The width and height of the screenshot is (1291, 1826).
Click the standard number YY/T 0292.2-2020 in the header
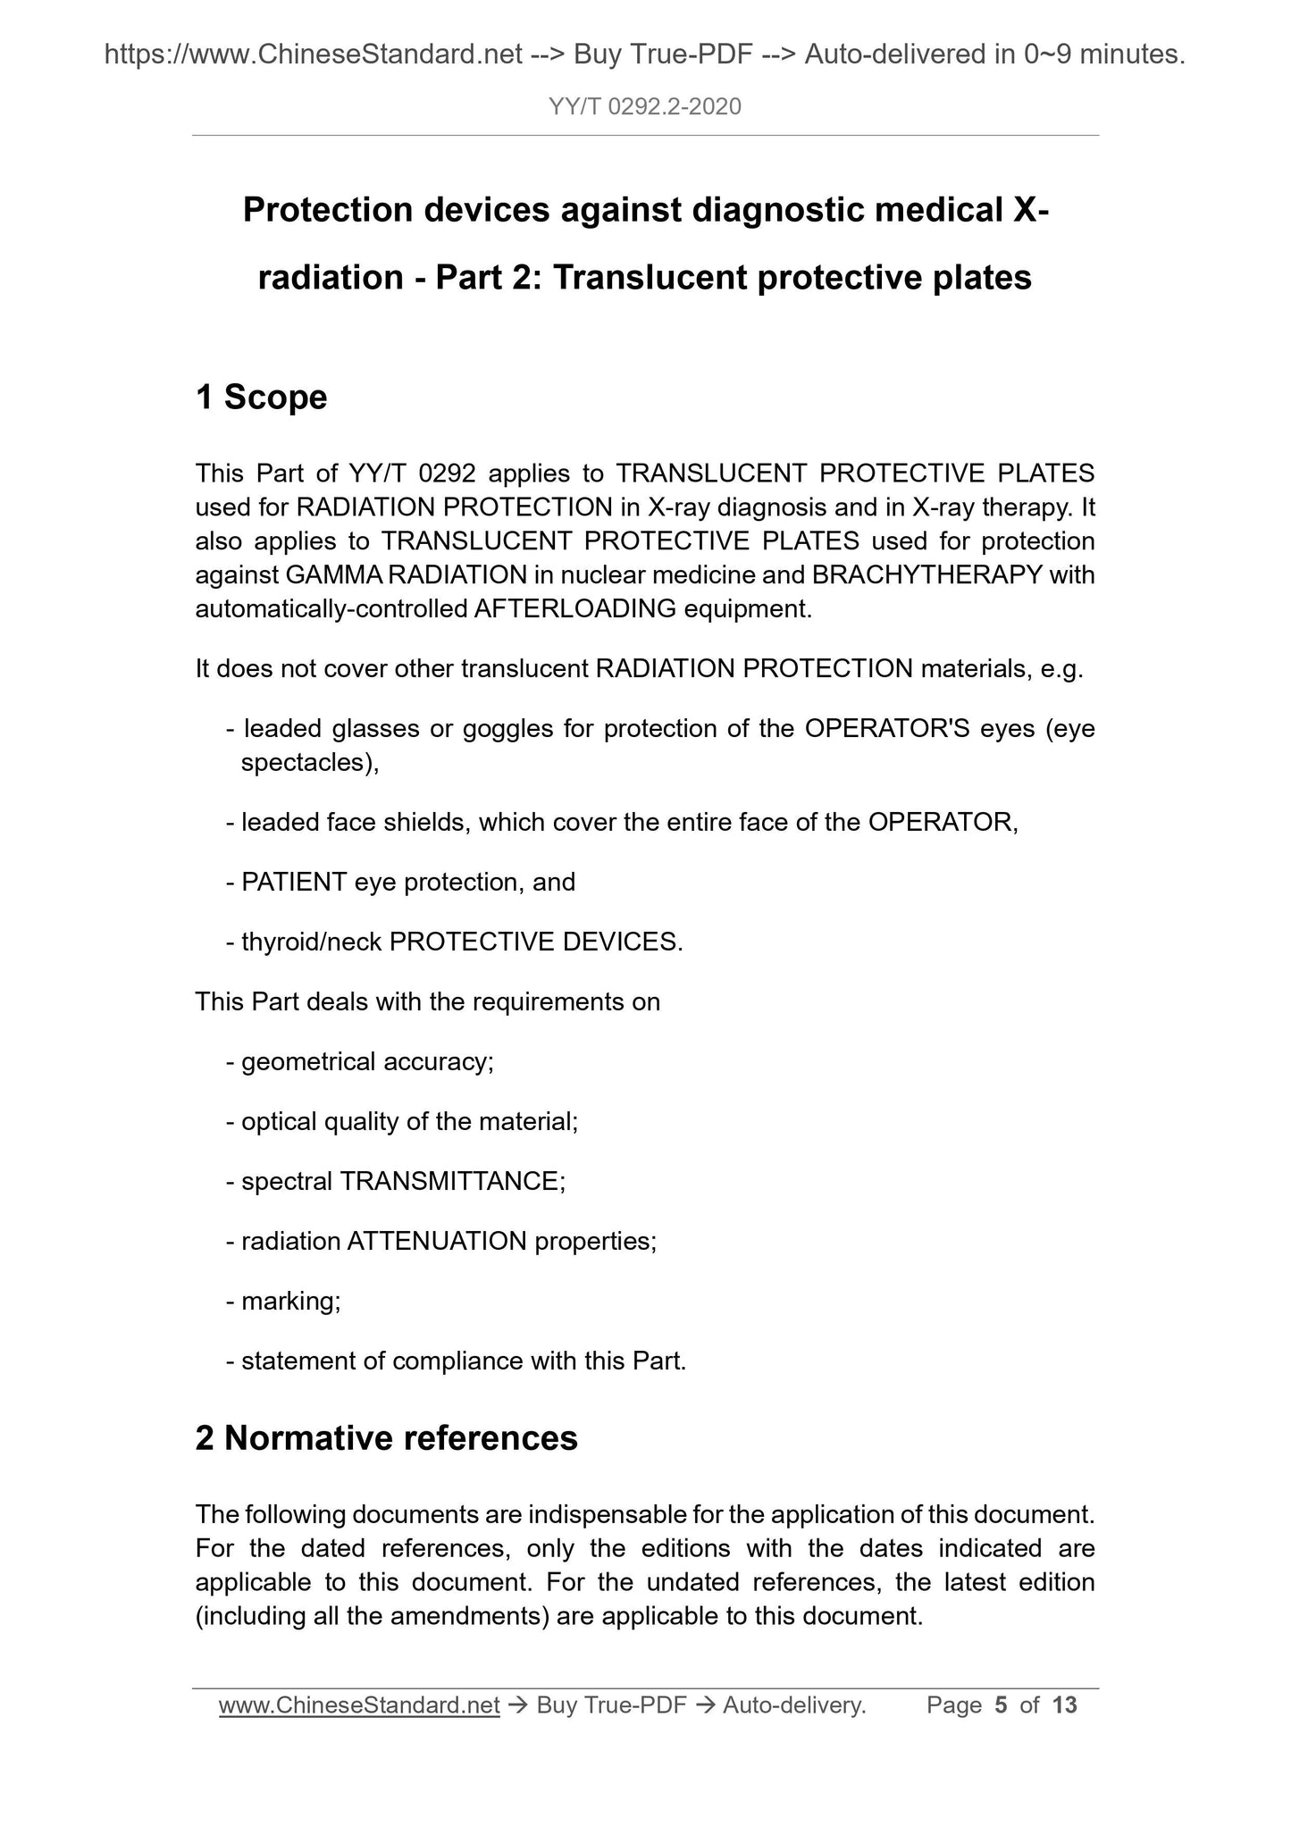[x=645, y=107]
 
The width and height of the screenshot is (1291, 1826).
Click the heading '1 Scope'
[x=261, y=398]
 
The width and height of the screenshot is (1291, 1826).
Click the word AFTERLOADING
[x=575, y=608]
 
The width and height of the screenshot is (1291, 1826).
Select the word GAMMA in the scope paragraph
[x=335, y=574]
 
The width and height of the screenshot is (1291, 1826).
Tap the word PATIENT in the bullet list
[x=294, y=883]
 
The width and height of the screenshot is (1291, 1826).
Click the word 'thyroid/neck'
[x=311, y=942]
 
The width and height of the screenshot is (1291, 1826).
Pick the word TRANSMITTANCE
[x=448, y=1181]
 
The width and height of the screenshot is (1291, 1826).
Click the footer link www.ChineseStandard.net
[x=358, y=1705]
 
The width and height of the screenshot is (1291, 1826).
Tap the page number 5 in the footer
[x=1001, y=1705]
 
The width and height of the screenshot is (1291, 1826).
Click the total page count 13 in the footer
[x=1065, y=1705]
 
